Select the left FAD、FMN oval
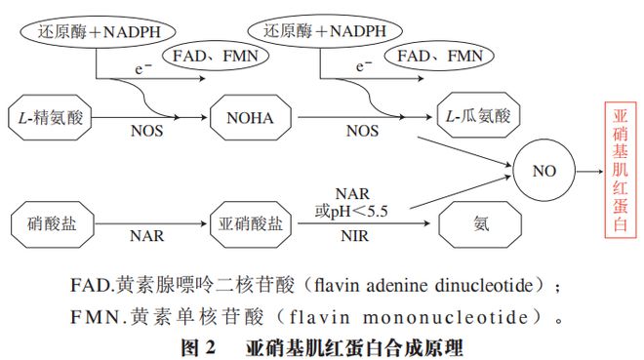point(209,58)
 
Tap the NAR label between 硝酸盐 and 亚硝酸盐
point(148,235)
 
